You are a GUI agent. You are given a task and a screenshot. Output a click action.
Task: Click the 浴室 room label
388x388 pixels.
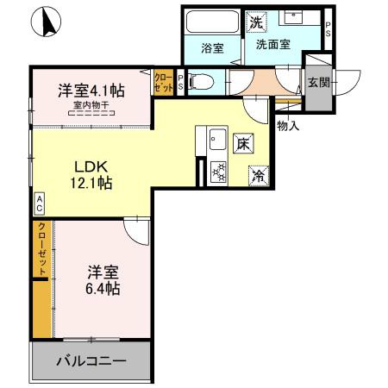click(212, 48)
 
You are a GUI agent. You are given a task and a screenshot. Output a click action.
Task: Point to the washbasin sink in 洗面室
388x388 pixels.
click(303, 17)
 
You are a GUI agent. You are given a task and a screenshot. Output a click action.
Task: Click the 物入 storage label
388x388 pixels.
click(288, 126)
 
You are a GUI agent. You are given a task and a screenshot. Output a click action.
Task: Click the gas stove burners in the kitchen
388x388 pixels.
click(218, 172)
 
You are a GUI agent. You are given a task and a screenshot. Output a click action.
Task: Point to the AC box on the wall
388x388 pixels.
click(40, 203)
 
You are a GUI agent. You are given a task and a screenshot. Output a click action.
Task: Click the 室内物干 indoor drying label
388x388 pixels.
click(91, 105)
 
